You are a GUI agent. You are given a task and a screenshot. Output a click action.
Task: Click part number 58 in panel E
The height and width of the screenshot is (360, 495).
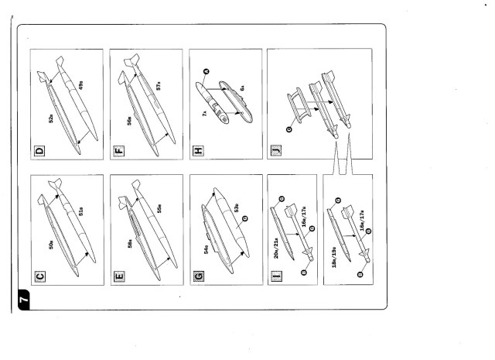point(130,243)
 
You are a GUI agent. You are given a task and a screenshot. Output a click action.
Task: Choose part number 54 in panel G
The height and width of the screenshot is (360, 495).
point(206,250)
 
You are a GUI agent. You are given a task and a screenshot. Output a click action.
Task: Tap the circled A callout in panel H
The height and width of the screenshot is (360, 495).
point(207,72)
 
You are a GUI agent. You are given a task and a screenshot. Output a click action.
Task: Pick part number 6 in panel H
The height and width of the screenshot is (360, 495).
point(241,89)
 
